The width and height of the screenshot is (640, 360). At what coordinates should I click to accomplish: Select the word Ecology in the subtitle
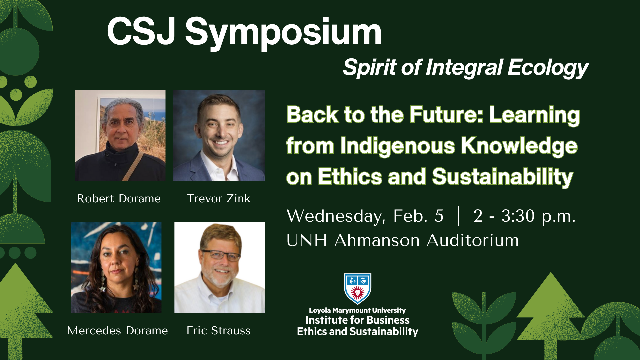pos(548,68)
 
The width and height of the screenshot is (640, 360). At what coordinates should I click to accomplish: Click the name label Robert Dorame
pos(119,199)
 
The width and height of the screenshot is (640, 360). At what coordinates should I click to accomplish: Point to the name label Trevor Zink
pos(218,199)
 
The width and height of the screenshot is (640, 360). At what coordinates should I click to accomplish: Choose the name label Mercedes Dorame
pos(118,331)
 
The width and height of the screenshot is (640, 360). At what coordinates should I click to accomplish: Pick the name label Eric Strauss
pos(218,331)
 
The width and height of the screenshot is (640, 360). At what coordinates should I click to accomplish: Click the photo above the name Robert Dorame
pos(120,136)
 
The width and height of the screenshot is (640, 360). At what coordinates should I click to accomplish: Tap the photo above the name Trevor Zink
pos(219,136)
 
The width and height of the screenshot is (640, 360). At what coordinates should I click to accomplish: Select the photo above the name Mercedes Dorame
pos(116,268)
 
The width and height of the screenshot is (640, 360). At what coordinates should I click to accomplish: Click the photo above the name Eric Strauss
pos(220,268)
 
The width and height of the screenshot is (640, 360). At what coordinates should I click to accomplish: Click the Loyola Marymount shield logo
pos(357,289)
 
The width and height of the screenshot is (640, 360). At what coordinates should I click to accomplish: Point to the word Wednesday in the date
pos(336,216)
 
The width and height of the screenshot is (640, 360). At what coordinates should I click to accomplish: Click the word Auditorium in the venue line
pos(473,240)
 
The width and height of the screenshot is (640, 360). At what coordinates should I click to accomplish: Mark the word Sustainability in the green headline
pos(503,177)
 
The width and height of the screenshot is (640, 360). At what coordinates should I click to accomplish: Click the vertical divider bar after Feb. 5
pos(459,216)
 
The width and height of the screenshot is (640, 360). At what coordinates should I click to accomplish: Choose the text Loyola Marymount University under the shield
pos(357,311)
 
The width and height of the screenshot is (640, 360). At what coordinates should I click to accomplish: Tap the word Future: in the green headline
pos(446,115)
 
